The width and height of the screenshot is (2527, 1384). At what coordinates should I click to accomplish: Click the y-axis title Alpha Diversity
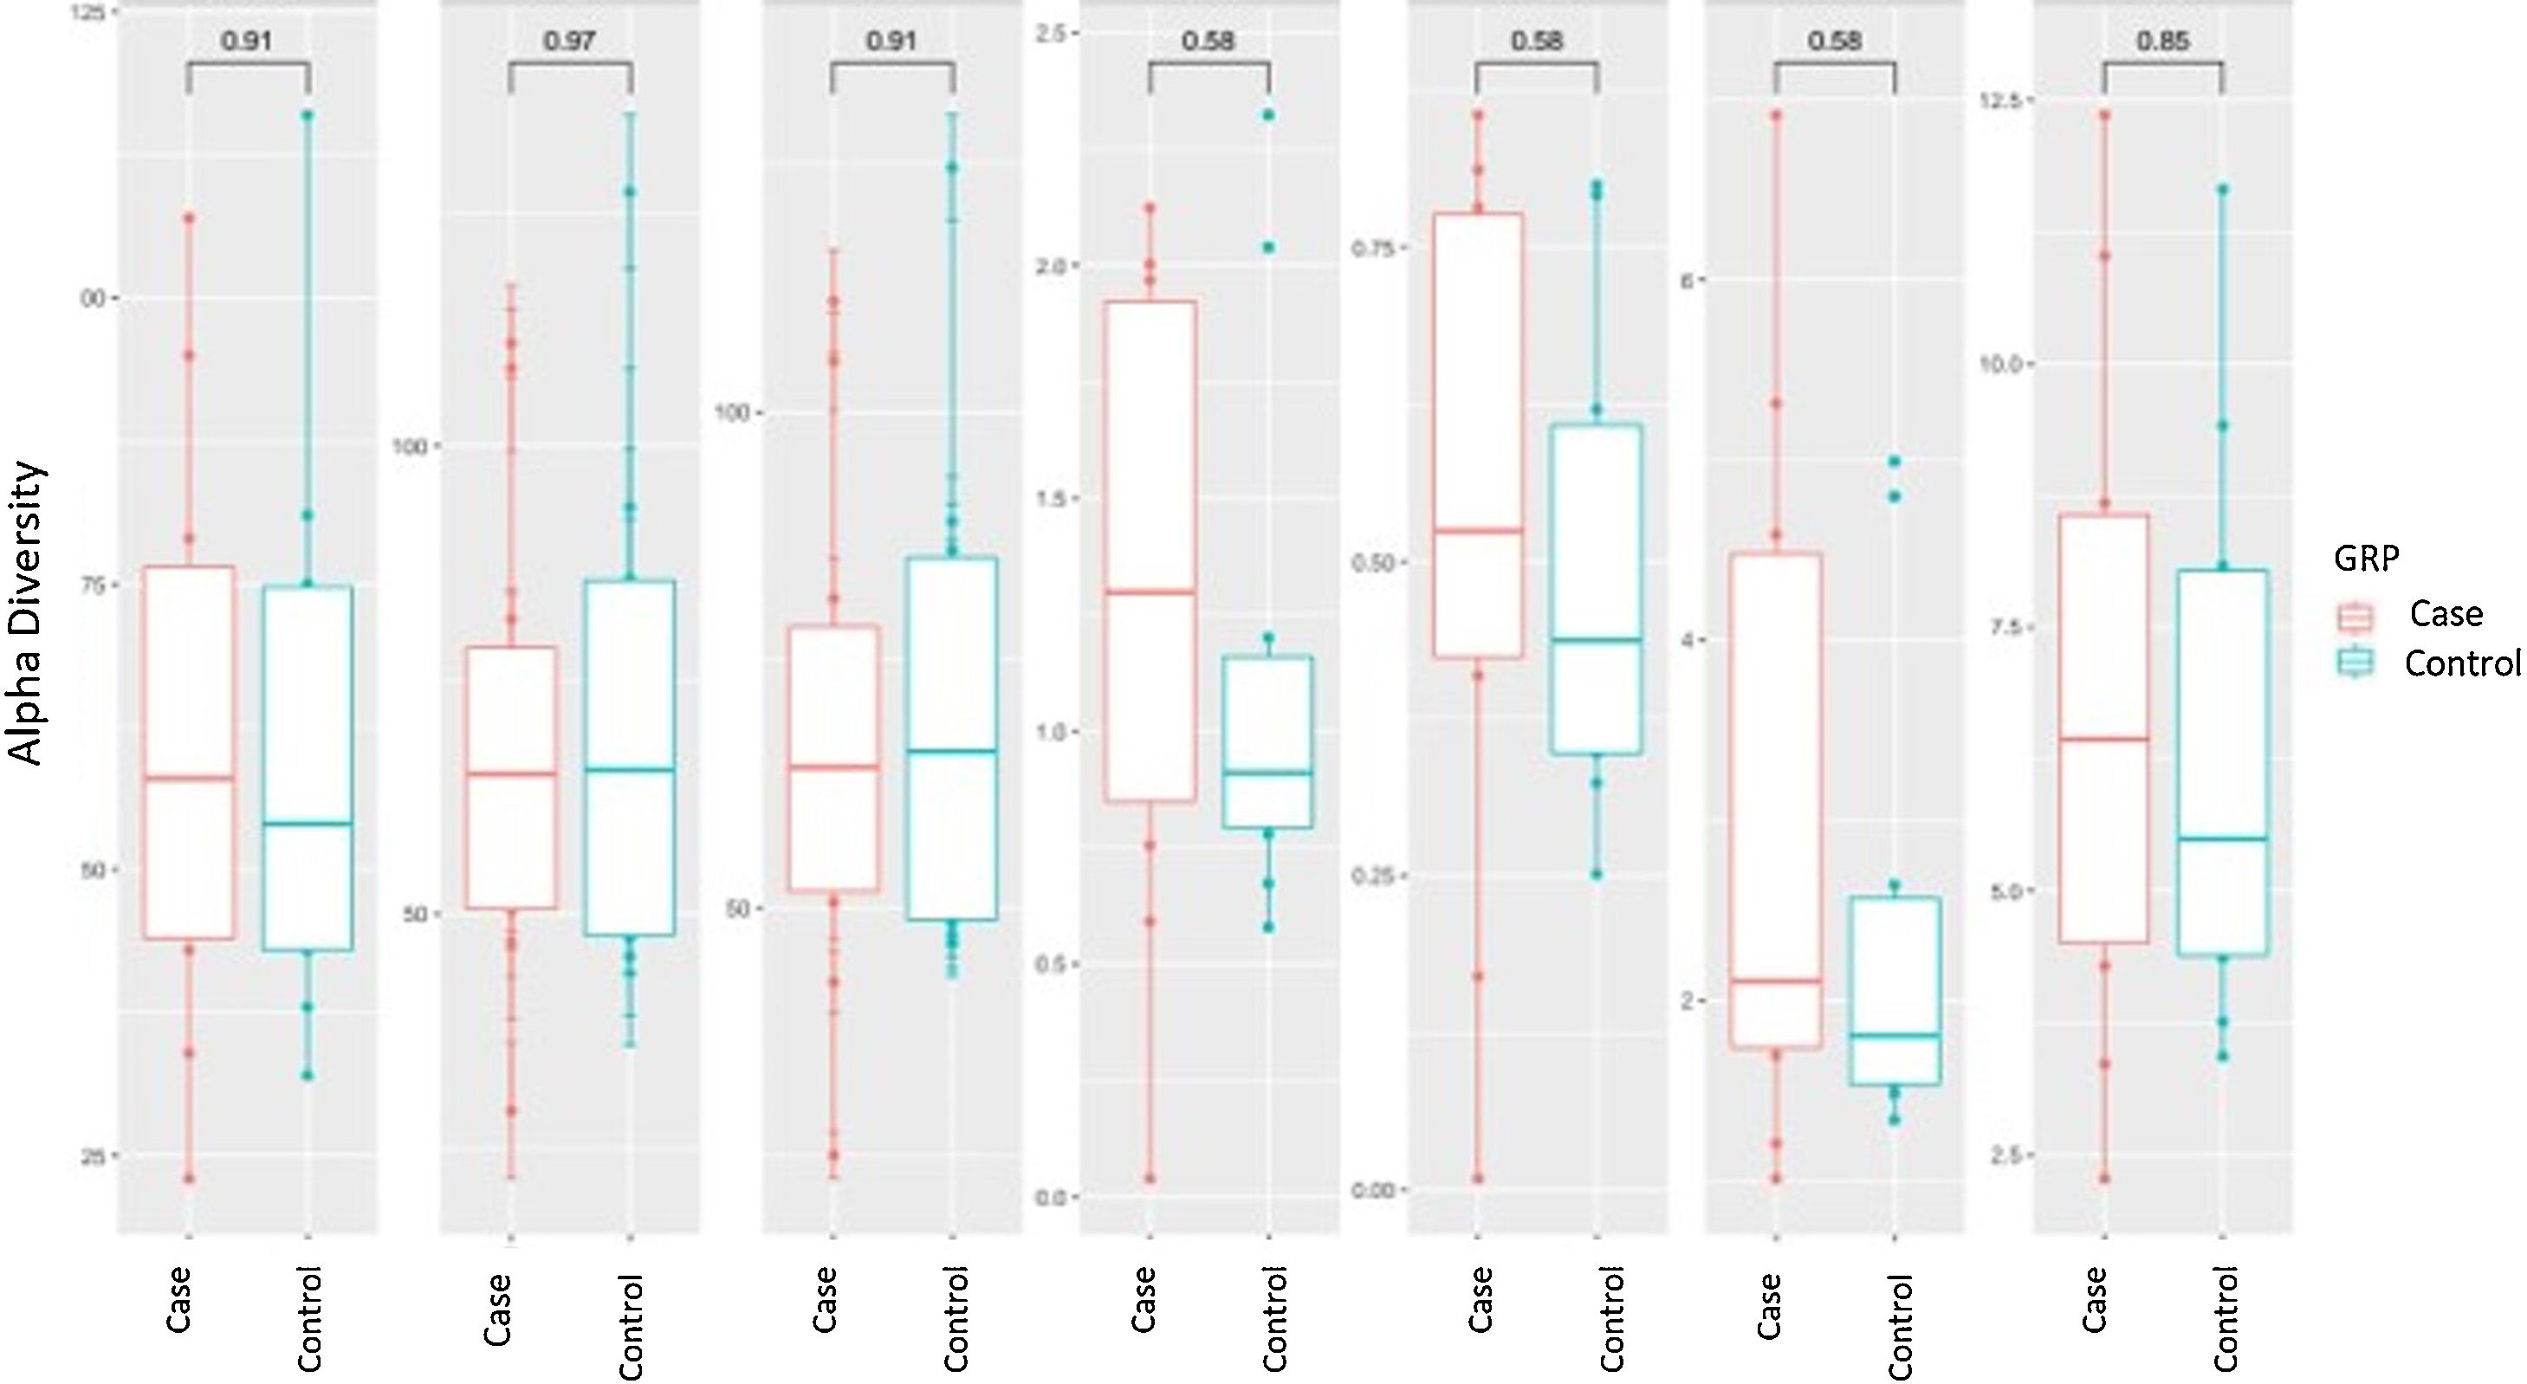28,613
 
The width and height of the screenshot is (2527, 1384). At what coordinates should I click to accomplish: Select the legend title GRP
2366,558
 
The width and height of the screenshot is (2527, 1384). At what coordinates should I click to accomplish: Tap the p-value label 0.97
570,42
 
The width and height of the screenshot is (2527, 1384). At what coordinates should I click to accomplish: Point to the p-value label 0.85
2162,42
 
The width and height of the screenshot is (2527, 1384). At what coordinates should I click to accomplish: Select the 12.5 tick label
2007,101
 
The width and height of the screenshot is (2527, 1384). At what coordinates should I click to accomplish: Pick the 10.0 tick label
2007,364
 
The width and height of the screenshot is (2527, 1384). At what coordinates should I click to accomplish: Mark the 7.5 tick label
2011,627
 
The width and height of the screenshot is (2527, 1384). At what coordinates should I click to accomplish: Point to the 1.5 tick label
1052,498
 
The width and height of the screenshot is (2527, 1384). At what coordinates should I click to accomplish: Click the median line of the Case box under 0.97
511,774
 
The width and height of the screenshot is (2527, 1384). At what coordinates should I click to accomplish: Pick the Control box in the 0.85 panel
2223,761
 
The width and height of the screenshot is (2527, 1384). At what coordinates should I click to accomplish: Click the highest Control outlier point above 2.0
1267,116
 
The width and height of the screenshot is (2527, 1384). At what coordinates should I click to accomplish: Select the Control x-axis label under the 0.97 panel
630,1326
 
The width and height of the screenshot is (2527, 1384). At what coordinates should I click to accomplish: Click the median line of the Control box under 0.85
2223,838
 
